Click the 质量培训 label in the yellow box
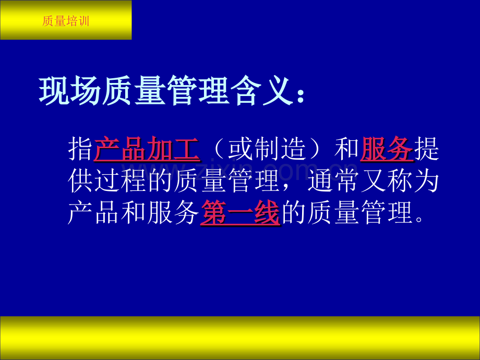[66, 21]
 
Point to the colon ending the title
[298, 94]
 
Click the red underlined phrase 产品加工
[147, 150]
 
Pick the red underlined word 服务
[386, 150]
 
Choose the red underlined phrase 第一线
[240, 213]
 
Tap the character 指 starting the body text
[81, 150]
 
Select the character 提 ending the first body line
[426, 150]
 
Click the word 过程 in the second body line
[134, 182]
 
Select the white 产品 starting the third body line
[94, 213]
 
